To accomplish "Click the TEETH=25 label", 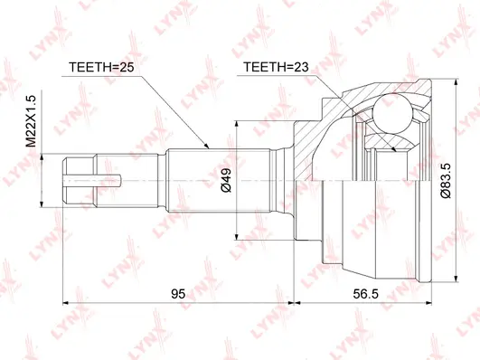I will tap(102, 68).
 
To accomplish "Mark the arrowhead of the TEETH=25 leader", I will tap(209, 148).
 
